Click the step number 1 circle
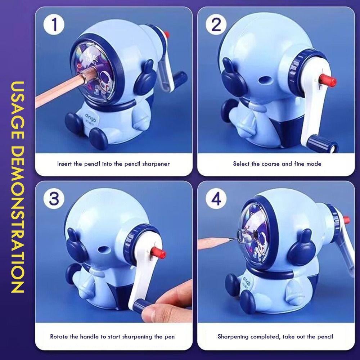pos(55,26)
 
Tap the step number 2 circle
pos(217,26)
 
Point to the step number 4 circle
pos(217,199)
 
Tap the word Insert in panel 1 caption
pos(65,164)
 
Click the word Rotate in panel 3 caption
pos(59,337)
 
